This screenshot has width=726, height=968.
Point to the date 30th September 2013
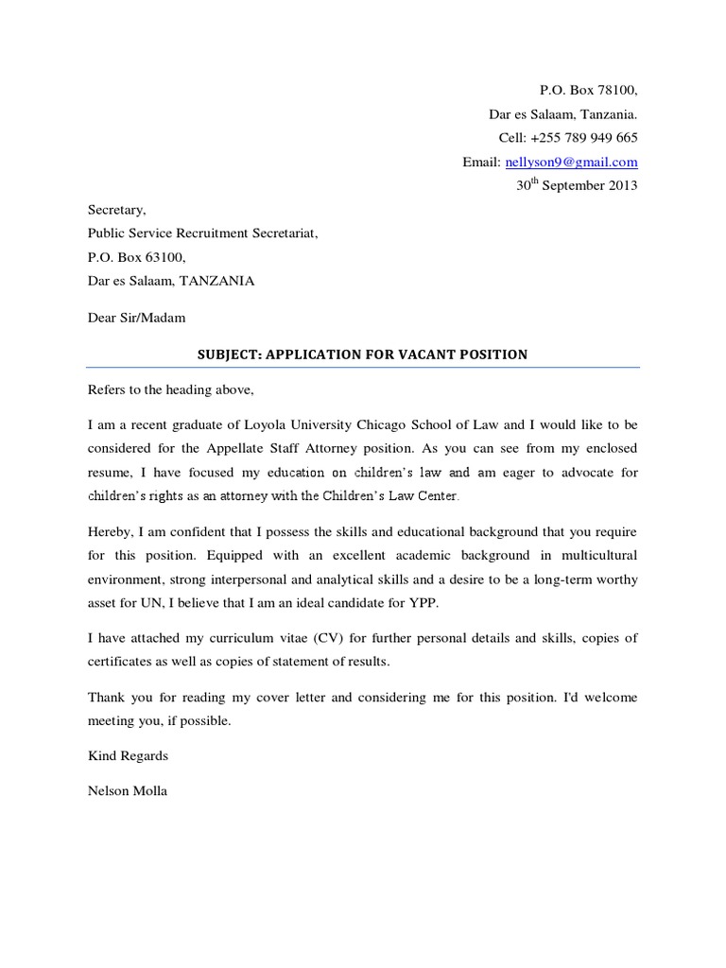pos(577,185)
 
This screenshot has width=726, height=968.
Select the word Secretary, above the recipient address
pos(117,210)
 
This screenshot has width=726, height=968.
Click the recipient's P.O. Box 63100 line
pos(137,257)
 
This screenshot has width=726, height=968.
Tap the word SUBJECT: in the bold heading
pos(228,354)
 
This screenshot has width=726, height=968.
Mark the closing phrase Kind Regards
pos(128,756)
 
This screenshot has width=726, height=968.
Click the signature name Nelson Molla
pos(128,790)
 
